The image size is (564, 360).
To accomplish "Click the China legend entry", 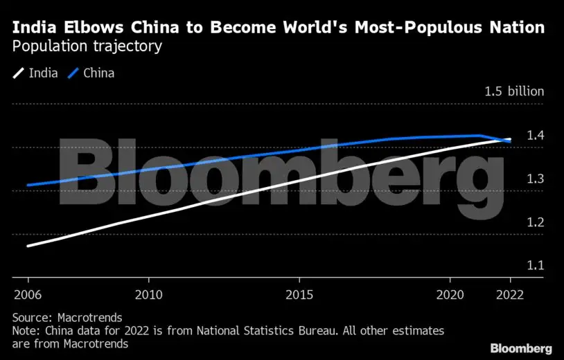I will tap(91, 73).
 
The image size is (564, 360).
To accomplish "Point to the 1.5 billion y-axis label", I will tap(514, 91).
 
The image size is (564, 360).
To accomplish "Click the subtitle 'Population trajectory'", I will tap(87, 47).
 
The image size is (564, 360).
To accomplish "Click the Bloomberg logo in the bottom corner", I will tap(520, 348).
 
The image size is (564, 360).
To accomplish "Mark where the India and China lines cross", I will tap(506, 141).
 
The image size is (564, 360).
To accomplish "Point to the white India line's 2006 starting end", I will tap(28, 246).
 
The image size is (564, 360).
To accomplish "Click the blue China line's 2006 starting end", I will tap(28, 185).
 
